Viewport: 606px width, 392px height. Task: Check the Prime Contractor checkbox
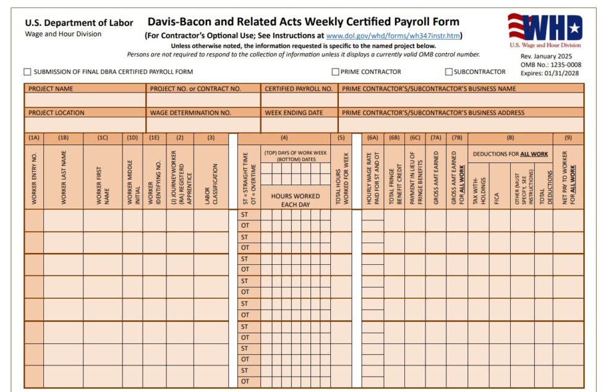pyautogui.click(x=336, y=72)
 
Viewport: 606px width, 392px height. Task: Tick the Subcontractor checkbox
pyautogui.click(x=449, y=72)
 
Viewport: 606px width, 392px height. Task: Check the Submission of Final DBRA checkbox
pyautogui.click(x=27, y=72)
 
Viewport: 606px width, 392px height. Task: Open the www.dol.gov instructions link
pyautogui.click(x=393, y=36)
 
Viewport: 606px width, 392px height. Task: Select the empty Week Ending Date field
pyautogui.click(x=299, y=125)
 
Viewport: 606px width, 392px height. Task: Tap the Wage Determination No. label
pyautogui.click(x=190, y=113)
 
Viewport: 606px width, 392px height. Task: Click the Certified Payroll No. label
pyautogui.click(x=299, y=89)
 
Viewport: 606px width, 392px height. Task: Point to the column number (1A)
pyautogui.click(x=34, y=138)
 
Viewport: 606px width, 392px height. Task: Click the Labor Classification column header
pyautogui.click(x=211, y=177)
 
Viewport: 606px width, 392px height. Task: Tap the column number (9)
pyautogui.click(x=568, y=138)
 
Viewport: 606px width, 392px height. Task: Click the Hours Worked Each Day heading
pyautogui.click(x=296, y=200)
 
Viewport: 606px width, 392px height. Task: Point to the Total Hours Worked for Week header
pyautogui.click(x=341, y=178)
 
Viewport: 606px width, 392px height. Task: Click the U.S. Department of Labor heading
pyautogui.click(x=79, y=23)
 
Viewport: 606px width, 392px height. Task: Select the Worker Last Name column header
pyautogui.click(x=63, y=178)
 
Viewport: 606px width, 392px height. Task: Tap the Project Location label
pyautogui.click(x=56, y=113)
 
